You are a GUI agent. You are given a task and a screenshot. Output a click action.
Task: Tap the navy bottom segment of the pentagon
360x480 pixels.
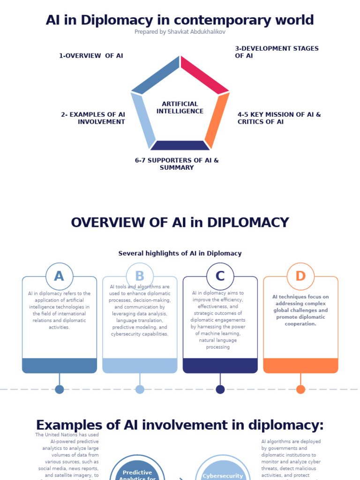click(180, 145)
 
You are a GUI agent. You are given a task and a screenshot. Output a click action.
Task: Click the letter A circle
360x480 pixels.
click(60, 276)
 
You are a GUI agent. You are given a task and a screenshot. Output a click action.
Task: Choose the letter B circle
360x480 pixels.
click(140, 276)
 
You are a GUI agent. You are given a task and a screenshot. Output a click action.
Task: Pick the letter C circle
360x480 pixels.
click(220, 276)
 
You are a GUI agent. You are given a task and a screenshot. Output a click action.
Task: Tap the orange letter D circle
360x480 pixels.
click(300, 276)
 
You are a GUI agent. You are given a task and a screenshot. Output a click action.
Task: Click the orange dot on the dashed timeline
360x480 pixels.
click(300, 389)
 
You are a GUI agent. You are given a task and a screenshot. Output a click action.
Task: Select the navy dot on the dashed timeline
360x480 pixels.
click(220, 389)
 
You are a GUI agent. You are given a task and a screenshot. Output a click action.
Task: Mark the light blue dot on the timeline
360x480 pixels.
click(140, 389)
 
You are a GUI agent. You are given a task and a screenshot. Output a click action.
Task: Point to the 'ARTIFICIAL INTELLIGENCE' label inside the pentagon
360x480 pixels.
click(180, 107)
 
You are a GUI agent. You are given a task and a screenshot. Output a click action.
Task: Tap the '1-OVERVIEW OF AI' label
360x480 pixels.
click(91, 56)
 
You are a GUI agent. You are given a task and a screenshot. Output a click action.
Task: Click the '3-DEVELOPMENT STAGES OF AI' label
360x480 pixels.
click(277, 52)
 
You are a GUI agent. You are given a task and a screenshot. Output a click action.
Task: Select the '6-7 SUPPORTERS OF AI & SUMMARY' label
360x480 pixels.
click(177, 164)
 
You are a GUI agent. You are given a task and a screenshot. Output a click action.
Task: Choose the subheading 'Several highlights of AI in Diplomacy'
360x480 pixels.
click(180, 253)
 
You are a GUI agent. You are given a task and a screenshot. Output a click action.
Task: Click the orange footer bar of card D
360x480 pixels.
click(300, 366)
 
